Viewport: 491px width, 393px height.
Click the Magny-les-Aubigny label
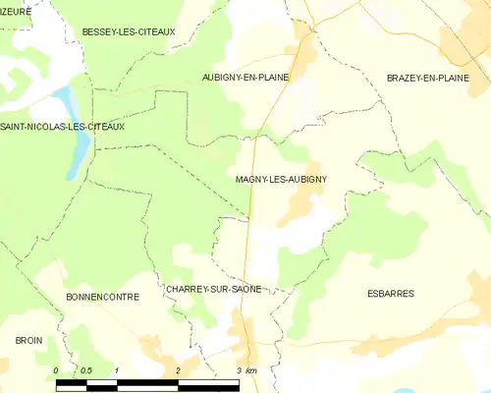point(281,179)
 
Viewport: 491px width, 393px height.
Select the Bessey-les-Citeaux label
point(129,31)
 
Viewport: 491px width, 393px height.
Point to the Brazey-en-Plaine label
point(428,77)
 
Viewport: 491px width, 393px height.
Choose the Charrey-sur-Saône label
point(213,289)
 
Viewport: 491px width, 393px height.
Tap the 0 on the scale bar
point(56,369)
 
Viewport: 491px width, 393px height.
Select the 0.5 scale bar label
point(85,369)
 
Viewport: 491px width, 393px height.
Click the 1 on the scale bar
point(117,369)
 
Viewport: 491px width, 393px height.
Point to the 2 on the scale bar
point(178,369)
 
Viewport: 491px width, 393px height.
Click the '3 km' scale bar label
point(245,369)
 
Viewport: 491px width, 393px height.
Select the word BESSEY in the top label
point(99,31)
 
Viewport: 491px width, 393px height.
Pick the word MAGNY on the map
point(252,179)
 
